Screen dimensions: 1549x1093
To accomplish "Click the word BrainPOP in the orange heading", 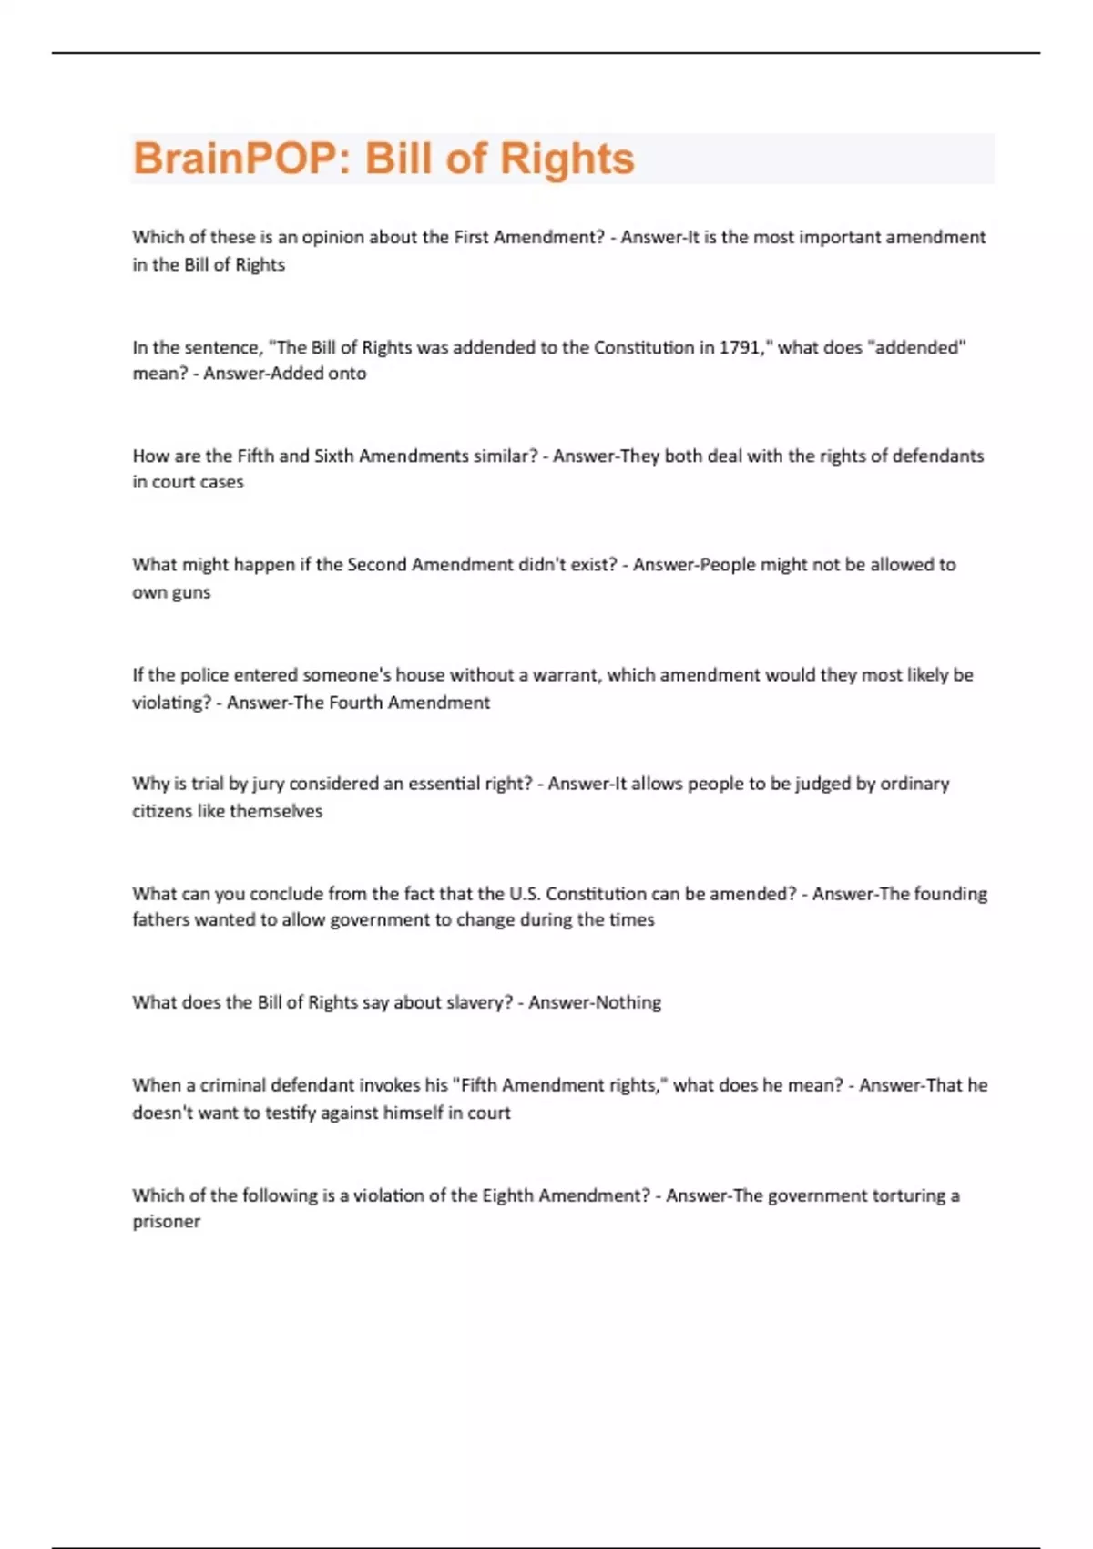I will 235,159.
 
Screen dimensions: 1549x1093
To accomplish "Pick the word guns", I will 190,592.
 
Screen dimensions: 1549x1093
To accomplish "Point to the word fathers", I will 158,920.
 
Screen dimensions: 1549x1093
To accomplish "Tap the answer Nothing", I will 628,1002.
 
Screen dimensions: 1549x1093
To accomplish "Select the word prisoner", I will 166,1222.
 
